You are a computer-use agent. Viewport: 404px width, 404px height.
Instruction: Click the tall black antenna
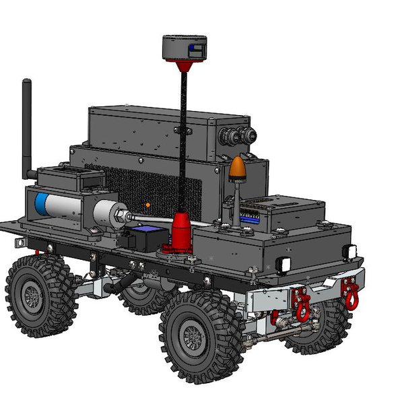[27, 128]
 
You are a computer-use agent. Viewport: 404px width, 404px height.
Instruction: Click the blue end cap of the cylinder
[42, 205]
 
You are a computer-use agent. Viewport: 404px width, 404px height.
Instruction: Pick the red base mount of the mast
[181, 233]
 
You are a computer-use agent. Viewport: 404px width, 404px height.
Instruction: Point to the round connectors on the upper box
[239, 134]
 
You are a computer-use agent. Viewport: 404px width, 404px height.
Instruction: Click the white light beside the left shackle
[285, 265]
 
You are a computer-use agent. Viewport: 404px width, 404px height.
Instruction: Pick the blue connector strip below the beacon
[250, 217]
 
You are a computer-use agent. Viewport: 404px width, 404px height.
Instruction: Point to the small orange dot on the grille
[147, 204]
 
